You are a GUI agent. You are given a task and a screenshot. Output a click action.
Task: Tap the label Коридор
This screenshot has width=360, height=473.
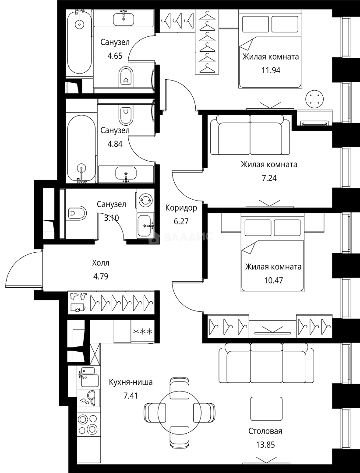click(x=181, y=208)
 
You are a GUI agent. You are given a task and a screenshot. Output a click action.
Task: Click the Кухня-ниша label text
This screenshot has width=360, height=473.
click(x=131, y=382)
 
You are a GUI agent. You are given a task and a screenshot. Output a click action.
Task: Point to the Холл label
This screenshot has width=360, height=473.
click(x=101, y=263)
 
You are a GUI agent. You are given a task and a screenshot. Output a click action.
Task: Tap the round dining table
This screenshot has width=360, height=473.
click(x=180, y=412)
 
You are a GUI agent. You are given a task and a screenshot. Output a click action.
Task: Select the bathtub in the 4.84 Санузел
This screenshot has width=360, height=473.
click(x=81, y=148)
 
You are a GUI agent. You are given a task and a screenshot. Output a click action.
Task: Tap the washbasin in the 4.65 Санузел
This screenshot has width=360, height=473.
click(x=124, y=18)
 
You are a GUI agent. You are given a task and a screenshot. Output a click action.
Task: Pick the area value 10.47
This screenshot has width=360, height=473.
click(x=273, y=280)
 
